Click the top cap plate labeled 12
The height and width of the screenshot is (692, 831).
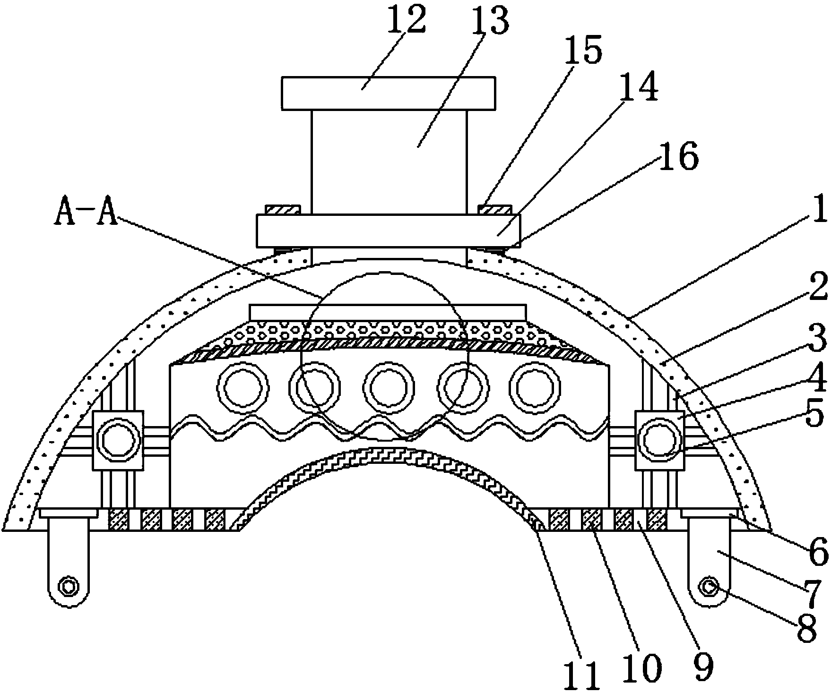(388, 93)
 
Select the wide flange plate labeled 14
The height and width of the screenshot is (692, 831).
(388, 231)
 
